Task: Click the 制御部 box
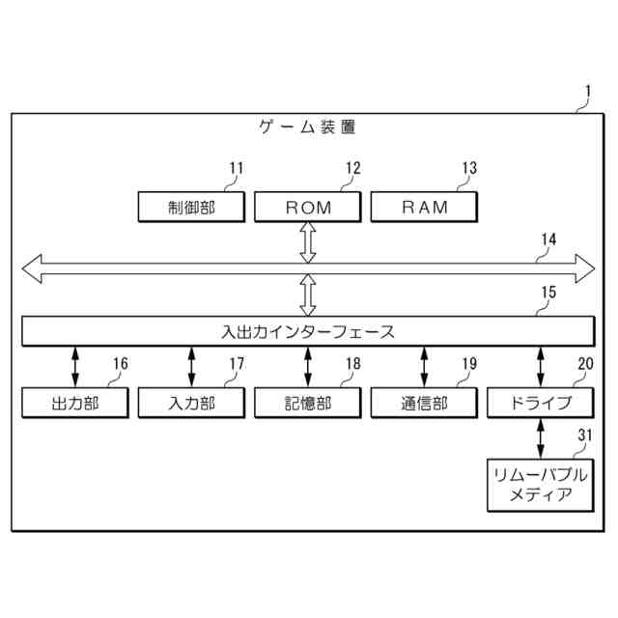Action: [191, 207]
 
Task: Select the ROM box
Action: [308, 207]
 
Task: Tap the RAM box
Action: [425, 207]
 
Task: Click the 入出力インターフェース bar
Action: [308, 331]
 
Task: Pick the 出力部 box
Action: [75, 403]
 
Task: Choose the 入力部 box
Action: [191, 403]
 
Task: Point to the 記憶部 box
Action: [308, 403]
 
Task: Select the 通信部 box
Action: [425, 403]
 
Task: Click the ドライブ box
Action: [541, 403]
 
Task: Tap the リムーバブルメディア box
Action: [541, 486]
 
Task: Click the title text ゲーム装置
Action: [308, 126]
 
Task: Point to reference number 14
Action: [548, 239]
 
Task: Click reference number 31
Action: [584, 436]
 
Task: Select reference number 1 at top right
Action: [588, 94]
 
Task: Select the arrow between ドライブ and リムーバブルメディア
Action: [541, 438]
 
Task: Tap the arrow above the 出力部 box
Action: [75, 367]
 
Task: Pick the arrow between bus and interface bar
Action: [308, 295]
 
